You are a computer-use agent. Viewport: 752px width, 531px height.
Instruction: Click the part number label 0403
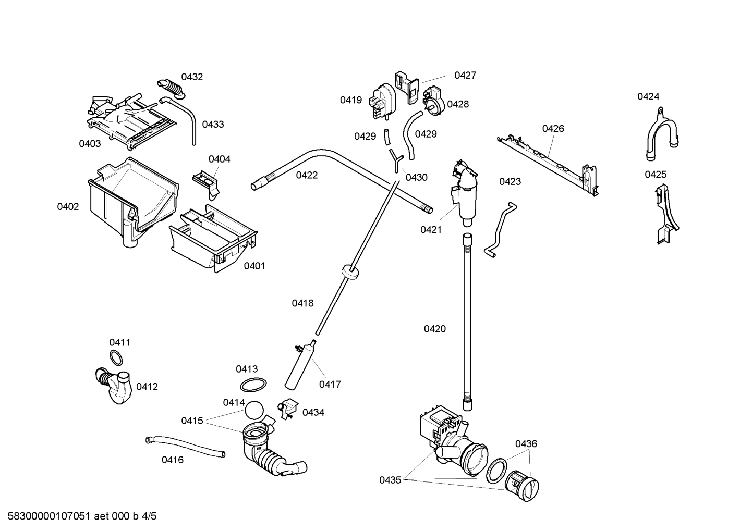coord(90,143)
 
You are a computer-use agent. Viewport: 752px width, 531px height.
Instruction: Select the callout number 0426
coord(553,128)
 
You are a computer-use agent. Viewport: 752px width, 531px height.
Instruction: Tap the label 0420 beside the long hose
coord(434,328)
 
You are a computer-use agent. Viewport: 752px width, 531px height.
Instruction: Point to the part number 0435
coord(390,480)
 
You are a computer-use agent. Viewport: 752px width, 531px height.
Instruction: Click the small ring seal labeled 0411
coord(118,359)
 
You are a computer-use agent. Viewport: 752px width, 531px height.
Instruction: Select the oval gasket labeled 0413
coord(253,386)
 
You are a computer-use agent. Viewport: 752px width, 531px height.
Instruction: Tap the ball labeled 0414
coord(253,410)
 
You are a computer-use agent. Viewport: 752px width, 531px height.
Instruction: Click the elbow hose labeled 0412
coord(115,386)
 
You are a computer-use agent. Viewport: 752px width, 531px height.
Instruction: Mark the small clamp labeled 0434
coord(287,408)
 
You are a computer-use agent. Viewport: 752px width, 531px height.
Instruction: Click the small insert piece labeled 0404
coord(208,182)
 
